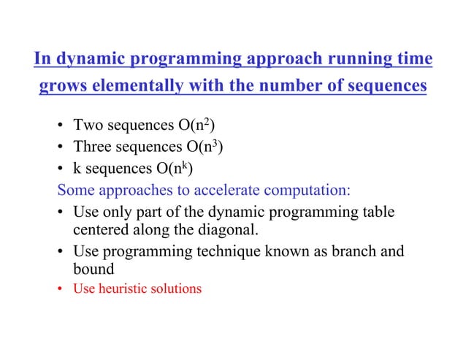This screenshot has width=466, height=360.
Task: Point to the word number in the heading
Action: (301, 87)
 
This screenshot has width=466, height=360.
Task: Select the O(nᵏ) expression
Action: (173, 172)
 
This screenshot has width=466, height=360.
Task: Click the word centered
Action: (100, 231)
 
